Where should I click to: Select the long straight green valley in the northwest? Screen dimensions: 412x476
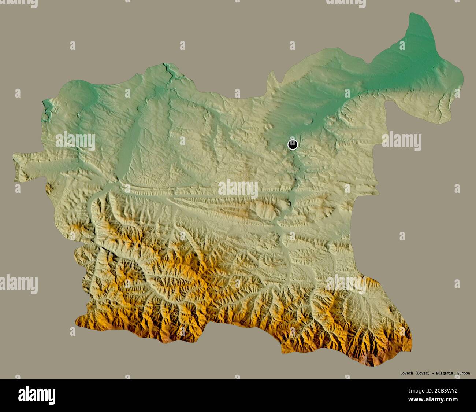126,147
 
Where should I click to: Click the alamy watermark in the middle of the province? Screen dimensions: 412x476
238,189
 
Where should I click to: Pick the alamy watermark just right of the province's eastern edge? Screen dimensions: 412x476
402,141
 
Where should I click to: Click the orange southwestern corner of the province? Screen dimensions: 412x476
82,323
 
